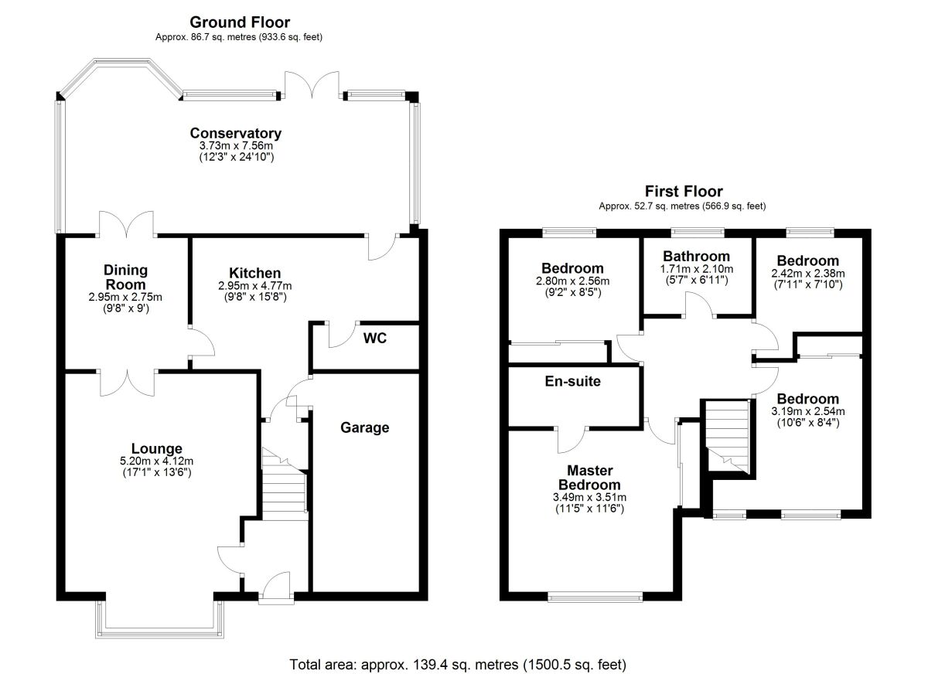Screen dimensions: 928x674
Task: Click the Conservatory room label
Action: click(x=236, y=133)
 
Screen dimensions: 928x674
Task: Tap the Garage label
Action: click(x=364, y=427)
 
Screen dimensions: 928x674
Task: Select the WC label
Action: click(x=375, y=339)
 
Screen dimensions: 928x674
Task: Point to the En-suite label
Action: click(x=572, y=381)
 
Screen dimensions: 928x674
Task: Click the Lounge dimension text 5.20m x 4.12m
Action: click(x=157, y=461)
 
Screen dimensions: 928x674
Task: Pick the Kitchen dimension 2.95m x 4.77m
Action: click(x=254, y=286)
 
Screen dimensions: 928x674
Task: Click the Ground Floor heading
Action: click(x=240, y=22)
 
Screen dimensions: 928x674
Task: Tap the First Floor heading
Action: click(x=684, y=191)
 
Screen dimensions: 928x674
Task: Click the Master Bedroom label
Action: click(x=589, y=478)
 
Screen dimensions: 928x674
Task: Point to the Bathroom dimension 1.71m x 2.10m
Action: click(x=697, y=269)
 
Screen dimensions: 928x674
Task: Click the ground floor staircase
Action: click(x=285, y=484)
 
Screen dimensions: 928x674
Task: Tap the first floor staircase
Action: click(x=728, y=437)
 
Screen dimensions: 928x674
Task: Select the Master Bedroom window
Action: click(x=595, y=597)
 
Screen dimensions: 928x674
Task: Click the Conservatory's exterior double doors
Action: click(x=312, y=85)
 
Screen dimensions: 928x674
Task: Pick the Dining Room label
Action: click(x=125, y=277)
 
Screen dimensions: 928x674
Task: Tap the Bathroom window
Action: click(x=698, y=233)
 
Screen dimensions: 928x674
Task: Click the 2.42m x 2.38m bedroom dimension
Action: click(x=808, y=274)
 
